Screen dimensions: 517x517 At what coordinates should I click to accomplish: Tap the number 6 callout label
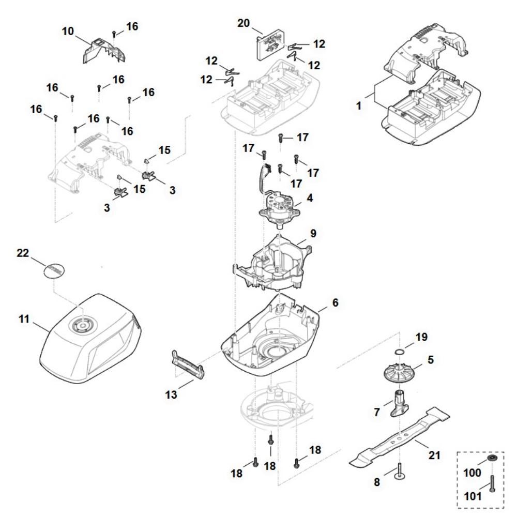click(x=335, y=303)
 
